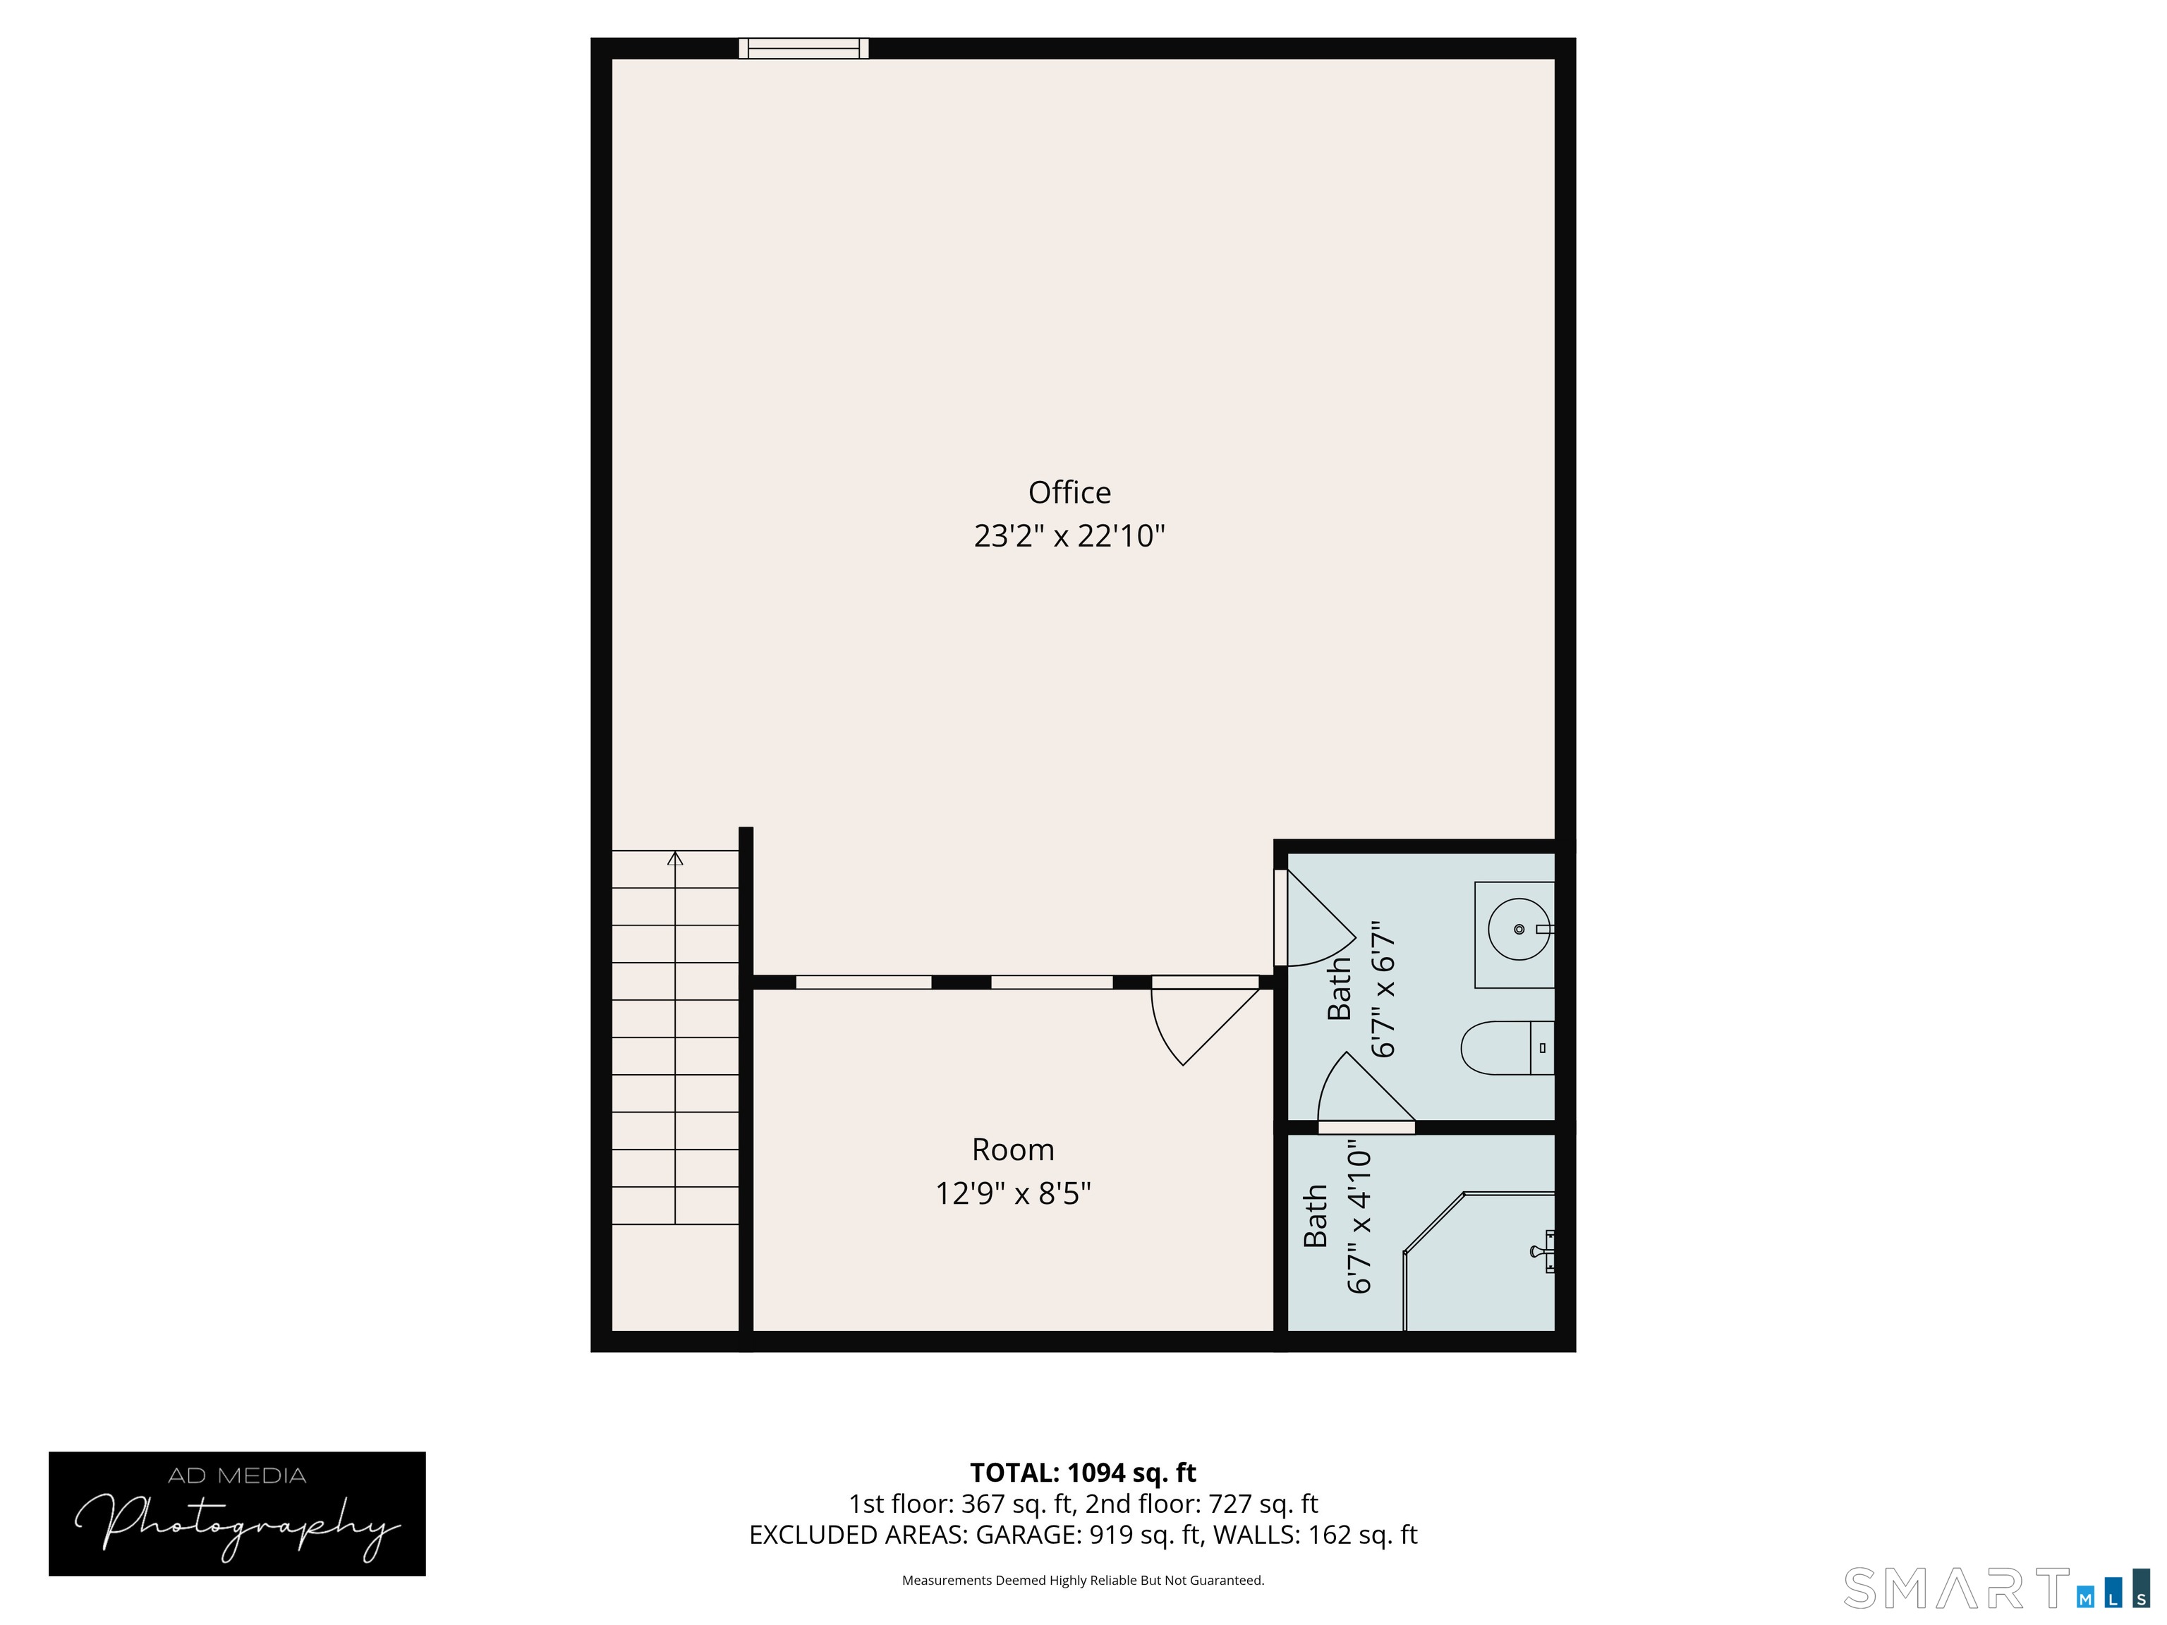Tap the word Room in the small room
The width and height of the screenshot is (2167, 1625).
1013,1149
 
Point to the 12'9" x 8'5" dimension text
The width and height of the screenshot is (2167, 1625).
1013,1193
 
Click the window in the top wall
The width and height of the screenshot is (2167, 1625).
803,48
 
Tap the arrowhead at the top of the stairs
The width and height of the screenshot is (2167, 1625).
675,858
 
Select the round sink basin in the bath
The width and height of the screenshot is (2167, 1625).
1519,929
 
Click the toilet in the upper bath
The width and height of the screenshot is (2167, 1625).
1507,1048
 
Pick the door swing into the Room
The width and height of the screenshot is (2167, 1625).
1204,1023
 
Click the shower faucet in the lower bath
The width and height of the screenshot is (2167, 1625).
1543,1252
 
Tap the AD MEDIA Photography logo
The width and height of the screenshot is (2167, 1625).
237,1514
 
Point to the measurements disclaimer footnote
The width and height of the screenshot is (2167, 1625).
1083,1580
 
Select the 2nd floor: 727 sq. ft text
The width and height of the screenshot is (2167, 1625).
1201,1504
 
